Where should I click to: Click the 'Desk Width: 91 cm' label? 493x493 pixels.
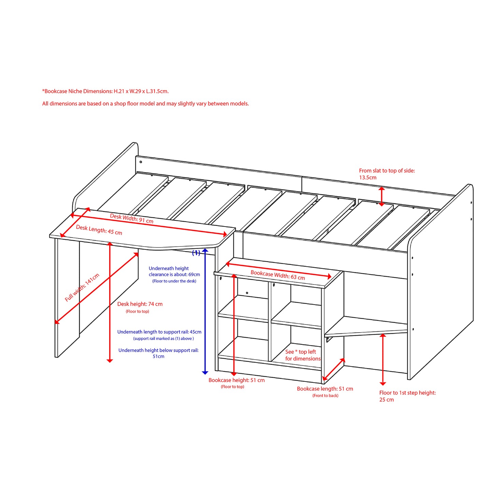pos(132,218)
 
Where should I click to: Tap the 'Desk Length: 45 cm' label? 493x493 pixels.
pos(99,230)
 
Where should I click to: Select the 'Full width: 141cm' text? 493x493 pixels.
pos(82,288)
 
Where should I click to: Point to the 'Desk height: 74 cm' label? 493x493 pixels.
pos(140,304)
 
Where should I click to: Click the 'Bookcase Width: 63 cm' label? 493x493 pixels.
pos(278,275)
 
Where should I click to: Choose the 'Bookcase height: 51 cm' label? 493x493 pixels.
pos(236,380)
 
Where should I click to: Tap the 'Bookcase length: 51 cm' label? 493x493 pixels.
pos(325,389)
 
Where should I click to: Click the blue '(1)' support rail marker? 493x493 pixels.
pos(196,253)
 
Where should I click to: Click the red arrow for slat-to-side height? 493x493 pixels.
pos(382,197)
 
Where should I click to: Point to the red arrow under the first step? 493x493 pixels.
pos(383,360)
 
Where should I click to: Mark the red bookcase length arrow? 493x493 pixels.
pos(334,369)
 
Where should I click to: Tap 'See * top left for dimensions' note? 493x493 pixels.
pos(303,355)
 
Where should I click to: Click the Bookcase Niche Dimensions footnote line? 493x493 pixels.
pos(105,91)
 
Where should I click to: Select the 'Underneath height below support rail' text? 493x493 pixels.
pos(158,353)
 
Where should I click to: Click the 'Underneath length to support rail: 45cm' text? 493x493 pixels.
pos(159,332)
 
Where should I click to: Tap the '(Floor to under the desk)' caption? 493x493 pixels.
pos(174,281)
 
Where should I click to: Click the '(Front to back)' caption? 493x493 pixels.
pos(325,396)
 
